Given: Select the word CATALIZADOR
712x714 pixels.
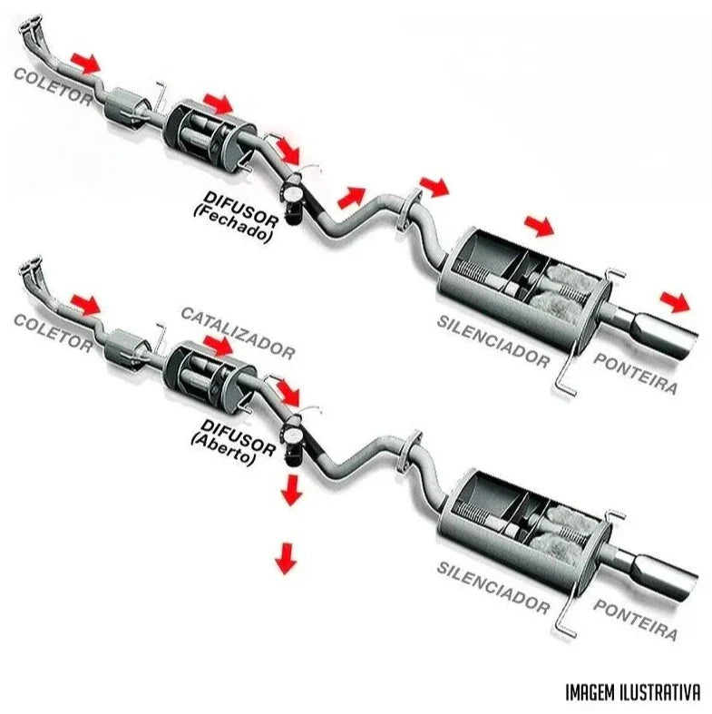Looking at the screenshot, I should click(x=237, y=332).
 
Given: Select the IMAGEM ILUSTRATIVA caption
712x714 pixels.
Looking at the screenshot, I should click(x=632, y=692).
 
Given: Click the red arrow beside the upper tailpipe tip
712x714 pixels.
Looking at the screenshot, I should click(x=674, y=300).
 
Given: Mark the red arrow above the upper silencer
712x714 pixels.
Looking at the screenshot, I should click(x=538, y=223).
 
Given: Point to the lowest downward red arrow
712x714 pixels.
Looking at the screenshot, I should click(x=286, y=557).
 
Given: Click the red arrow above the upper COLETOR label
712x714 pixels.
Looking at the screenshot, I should click(x=87, y=62).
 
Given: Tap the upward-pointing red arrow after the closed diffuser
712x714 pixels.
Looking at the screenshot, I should click(x=351, y=194).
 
